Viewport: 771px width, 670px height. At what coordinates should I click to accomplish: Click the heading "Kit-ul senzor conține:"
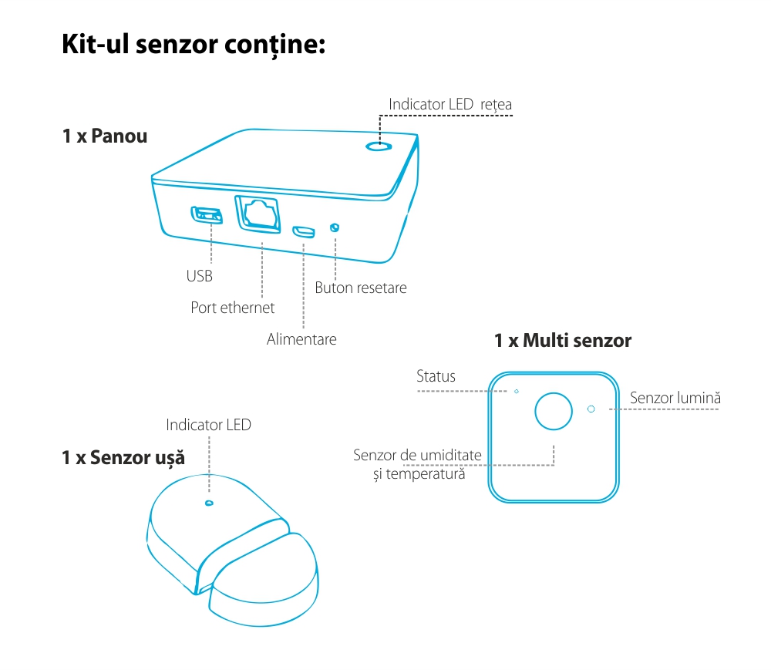click(x=194, y=43)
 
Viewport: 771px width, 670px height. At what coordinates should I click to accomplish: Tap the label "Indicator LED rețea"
click(x=450, y=103)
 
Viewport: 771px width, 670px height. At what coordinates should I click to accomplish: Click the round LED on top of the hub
click(x=378, y=146)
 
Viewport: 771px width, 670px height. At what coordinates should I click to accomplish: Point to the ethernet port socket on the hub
click(x=258, y=213)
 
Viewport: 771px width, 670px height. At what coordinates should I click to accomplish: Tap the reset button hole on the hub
click(x=335, y=227)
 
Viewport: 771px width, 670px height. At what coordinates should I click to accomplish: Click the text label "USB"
click(x=199, y=276)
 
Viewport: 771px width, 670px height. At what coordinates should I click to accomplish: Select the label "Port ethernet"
click(x=233, y=308)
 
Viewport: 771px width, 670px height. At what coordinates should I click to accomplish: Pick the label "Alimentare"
click(x=301, y=338)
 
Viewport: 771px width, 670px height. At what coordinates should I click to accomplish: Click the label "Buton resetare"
click(x=360, y=288)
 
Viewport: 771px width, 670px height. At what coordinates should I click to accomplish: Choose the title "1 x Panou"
click(x=105, y=136)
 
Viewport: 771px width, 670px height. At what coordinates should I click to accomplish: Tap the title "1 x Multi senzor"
click(x=563, y=340)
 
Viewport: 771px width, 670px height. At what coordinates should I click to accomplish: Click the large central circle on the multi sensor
click(x=554, y=410)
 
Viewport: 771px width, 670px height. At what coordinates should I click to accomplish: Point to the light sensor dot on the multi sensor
click(x=591, y=409)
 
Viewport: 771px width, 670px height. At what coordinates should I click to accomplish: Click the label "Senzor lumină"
click(x=675, y=398)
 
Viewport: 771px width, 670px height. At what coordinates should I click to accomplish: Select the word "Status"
click(x=436, y=376)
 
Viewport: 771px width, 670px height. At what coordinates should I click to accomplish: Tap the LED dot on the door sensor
click(x=208, y=503)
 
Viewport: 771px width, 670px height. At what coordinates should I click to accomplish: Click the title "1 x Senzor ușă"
click(x=123, y=458)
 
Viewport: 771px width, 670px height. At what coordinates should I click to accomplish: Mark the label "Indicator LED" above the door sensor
click(x=208, y=425)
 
